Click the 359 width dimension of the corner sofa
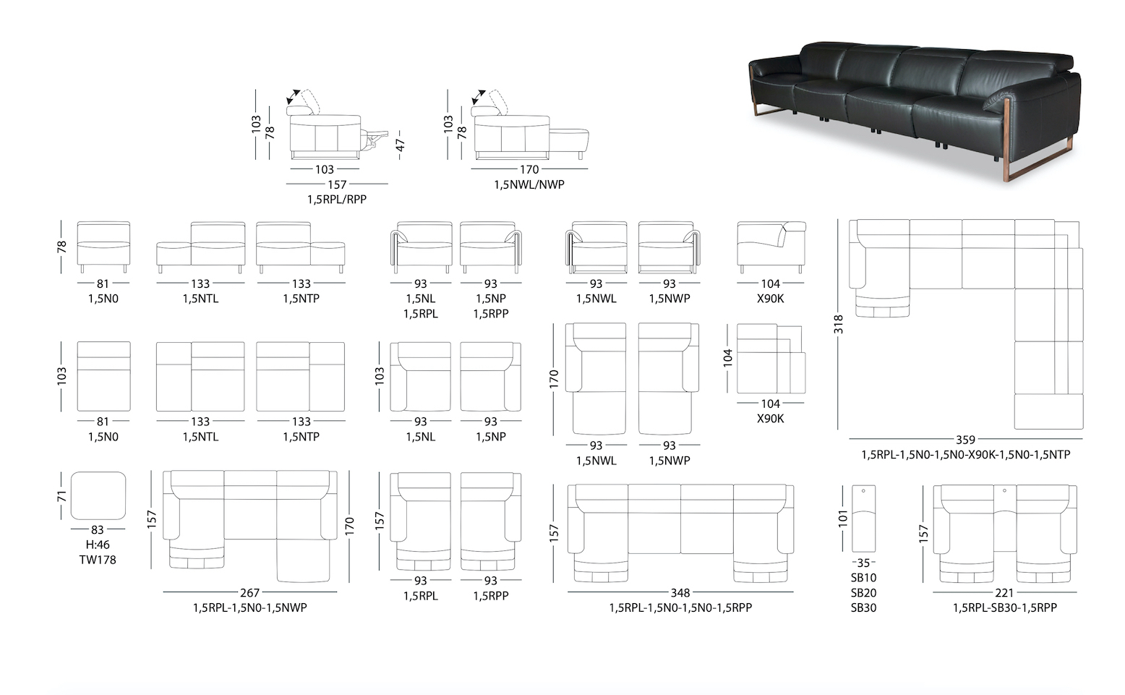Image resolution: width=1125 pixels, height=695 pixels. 965,440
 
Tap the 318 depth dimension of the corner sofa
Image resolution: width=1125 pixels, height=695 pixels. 838,324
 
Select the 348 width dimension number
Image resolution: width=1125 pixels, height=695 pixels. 680,592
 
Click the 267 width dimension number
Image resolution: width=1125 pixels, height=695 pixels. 249,592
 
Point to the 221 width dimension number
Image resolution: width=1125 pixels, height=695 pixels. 1004,592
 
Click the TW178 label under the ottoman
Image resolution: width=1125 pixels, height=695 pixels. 98,560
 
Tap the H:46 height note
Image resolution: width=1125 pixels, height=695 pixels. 98,545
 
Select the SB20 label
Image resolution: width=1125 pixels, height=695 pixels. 863,593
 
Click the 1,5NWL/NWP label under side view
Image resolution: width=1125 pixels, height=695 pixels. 529,184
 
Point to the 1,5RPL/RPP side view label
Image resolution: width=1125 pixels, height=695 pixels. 337,200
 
